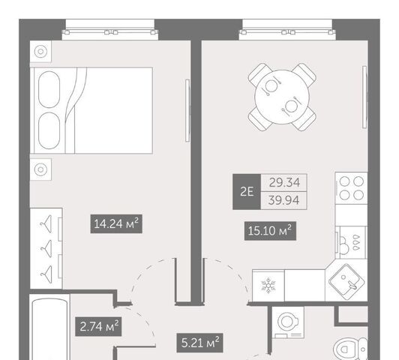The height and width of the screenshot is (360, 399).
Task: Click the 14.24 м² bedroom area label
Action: click(116, 224)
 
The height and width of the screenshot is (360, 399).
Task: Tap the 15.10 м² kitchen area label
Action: click(270, 231)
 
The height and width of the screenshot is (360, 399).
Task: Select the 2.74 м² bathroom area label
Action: click(98, 327)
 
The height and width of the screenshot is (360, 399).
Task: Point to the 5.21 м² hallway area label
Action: click(199, 343)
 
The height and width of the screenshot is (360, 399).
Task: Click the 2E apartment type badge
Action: click(247, 192)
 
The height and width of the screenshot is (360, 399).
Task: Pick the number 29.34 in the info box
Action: click(284, 183)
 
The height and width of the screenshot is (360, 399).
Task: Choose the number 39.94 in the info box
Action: click(283, 200)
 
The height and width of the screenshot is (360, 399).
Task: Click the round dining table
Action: click(282, 97)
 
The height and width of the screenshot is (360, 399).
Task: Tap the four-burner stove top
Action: click(352, 188)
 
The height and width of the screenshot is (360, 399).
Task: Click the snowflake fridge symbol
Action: click(268, 286)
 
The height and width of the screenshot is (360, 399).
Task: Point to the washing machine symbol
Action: click(288, 322)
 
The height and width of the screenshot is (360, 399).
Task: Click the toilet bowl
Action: click(351, 349)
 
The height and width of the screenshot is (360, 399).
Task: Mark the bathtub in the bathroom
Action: click(49, 328)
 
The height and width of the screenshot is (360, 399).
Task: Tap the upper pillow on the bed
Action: click(49, 89)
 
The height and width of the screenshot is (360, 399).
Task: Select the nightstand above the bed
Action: click(40, 52)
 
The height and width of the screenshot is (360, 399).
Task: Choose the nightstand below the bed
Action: click(40, 169)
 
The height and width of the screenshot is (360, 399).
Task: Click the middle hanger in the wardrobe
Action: click(46, 248)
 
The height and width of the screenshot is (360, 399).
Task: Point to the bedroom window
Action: click(110, 30)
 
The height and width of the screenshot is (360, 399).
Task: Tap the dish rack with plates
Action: click(351, 242)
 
